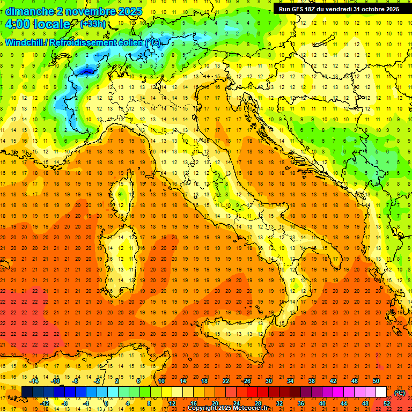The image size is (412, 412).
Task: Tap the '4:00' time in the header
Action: [17, 24]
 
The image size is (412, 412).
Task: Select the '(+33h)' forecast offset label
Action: [93, 24]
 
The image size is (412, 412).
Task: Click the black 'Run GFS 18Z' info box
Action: [339, 9]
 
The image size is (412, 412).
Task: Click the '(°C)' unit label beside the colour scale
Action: [400, 393]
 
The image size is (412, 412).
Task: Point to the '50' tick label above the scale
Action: [376, 381]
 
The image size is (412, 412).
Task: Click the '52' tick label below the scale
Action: [386, 403]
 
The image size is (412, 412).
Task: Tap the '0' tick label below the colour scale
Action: [106, 403]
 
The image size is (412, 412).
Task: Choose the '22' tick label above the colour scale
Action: [226, 381]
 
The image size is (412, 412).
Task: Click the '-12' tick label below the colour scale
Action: [45, 403]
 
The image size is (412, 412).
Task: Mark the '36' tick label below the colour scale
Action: [301, 403]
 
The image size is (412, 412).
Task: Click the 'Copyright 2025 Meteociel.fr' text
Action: [227, 408]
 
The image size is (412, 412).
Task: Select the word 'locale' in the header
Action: [51, 24]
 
